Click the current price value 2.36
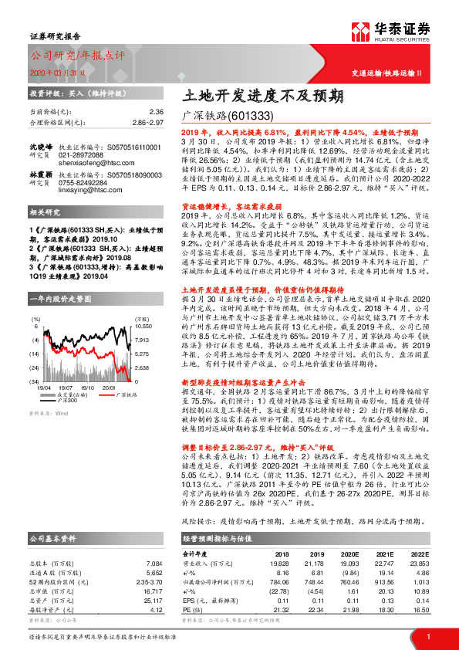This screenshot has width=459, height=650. coord(157,111)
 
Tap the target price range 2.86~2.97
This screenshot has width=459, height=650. coord(149,121)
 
